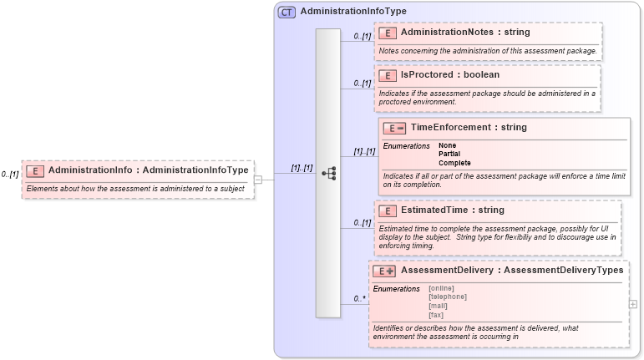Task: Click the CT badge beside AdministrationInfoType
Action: pyautogui.click(x=287, y=13)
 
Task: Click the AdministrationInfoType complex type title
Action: pyautogui.click(x=353, y=13)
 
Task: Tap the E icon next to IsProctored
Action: pyautogui.click(x=387, y=75)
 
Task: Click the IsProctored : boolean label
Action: pyautogui.click(x=450, y=75)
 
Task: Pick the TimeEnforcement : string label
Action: pyautogui.click(x=469, y=128)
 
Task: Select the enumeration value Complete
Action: pyautogui.click(x=455, y=163)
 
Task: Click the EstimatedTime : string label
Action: pyautogui.click(x=453, y=210)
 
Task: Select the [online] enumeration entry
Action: pyautogui.click(x=441, y=288)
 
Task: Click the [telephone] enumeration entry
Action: pyautogui.click(x=447, y=297)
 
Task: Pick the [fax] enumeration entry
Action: pyautogui.click(x=436, y=315)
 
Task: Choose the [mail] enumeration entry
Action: pyautogui.click(x=438, y=306)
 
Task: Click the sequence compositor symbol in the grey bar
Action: pyautogui.click(x=328, y=174)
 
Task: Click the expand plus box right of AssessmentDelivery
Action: pyautogui.click(x=632, y=304)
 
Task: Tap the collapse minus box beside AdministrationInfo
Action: pyautogui.click(x=258, y=179)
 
